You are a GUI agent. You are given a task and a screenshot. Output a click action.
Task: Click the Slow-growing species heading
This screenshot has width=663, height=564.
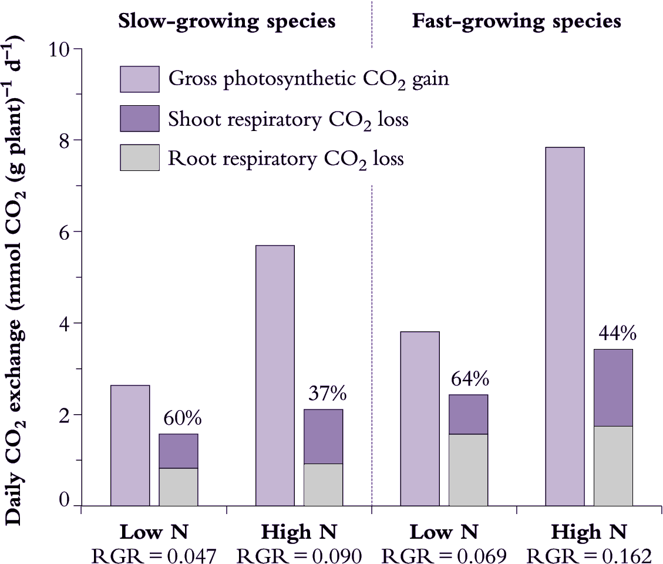point(227,22)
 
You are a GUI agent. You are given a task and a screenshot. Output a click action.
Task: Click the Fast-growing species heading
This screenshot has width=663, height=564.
point(516,22)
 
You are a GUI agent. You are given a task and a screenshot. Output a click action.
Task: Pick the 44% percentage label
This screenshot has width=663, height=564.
point(617,334)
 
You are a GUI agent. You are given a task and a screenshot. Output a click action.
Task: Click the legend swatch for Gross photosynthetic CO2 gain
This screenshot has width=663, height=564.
point(140,79)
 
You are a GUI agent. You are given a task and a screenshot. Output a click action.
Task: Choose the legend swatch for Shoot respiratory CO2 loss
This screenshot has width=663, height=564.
point(140,119)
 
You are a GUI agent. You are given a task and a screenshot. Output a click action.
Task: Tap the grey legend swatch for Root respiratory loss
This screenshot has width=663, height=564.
point(140,158)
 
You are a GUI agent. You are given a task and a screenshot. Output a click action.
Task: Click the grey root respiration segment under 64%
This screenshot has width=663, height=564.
point(468,470)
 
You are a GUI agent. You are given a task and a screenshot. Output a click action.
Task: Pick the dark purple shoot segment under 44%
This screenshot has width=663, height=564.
point(613,388)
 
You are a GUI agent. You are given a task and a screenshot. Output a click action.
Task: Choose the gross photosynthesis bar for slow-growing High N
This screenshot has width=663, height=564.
point(275,375)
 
